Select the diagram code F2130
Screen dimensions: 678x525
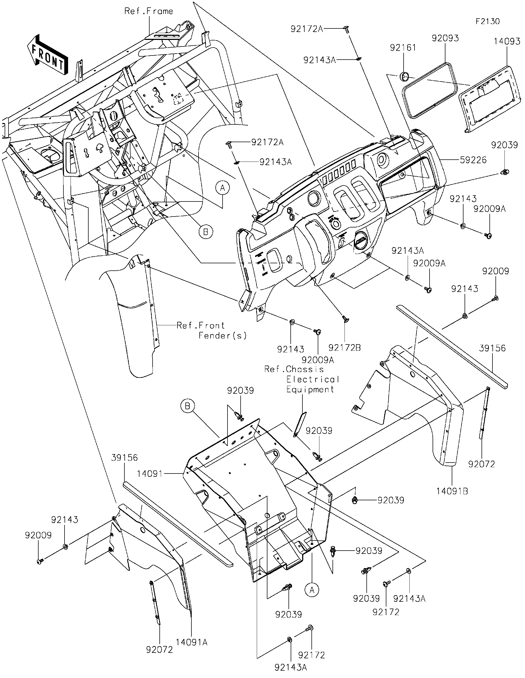tap(488, 21)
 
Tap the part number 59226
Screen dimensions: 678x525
tap(473, 160)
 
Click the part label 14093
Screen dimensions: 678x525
tap(507, 42)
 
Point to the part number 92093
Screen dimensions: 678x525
tap(445, 38)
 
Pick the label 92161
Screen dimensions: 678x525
tap(403, 48)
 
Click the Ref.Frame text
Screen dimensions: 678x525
tap(149, 11)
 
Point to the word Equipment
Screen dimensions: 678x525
tap(310, 389)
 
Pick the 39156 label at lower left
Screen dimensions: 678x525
tap(124, 458)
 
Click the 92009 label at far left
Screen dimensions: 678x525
tap(38, 535)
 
